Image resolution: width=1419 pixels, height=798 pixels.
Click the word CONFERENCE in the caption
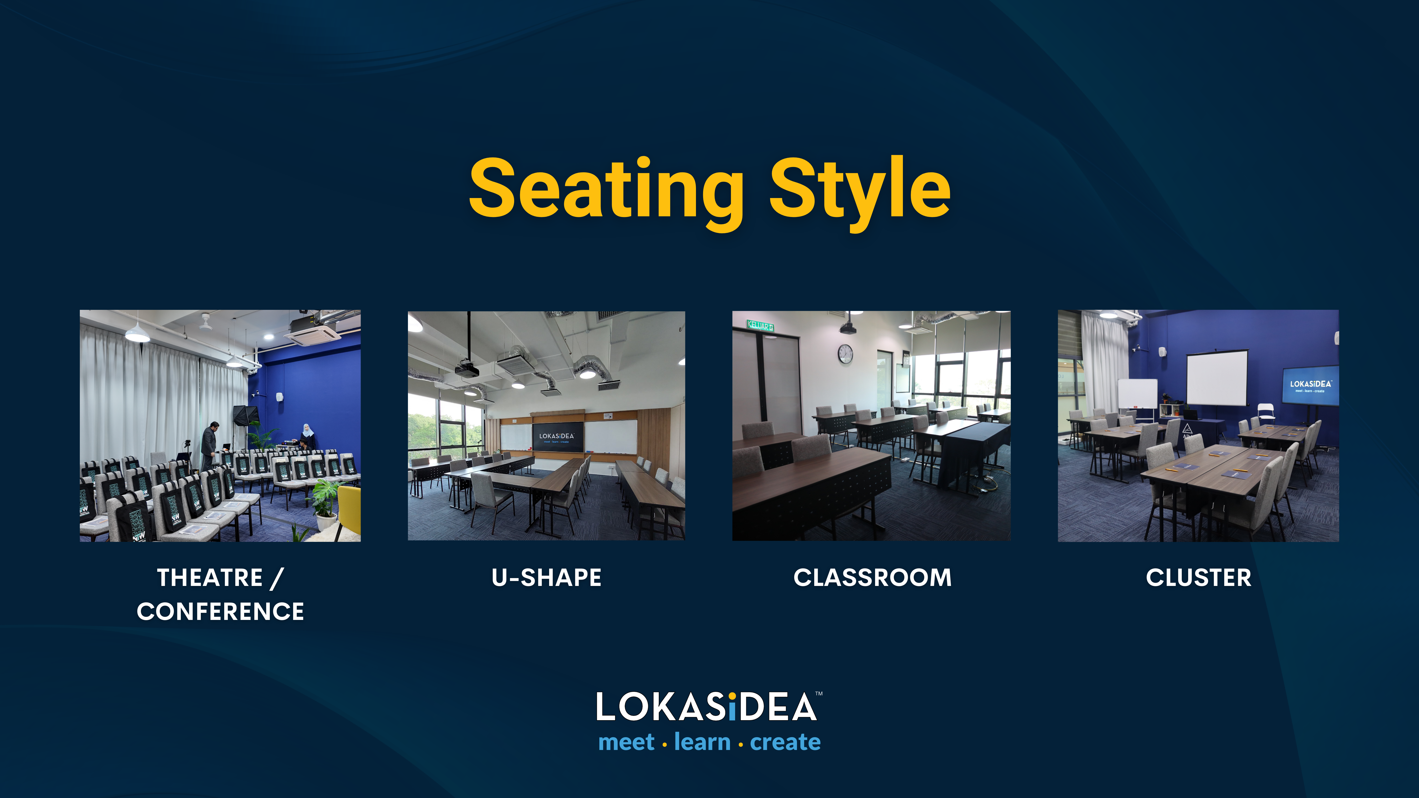[x=220, y=611]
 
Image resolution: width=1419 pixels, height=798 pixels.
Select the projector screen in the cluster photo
[x=1217, y=378]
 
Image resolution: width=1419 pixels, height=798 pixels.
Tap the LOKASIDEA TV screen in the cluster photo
[x=1311, y=385]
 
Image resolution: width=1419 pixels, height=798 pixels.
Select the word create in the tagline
[x=786, y=742]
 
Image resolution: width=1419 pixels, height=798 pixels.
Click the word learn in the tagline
[x=702, y=741]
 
